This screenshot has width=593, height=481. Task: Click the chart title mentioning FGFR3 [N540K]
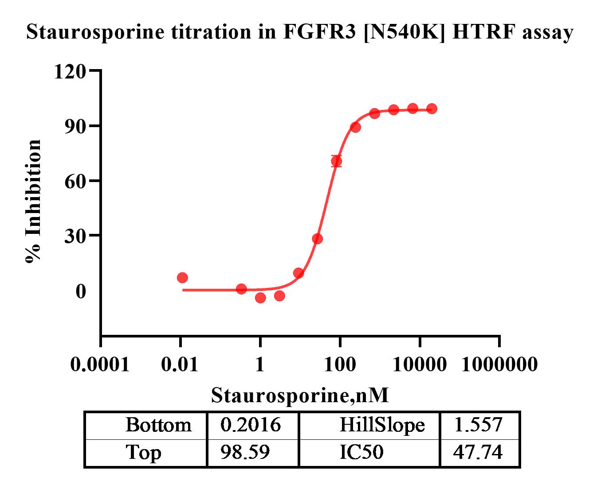pyautogui.click(x=299, y=32)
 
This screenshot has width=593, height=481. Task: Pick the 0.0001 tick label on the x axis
pyautogui.click(x=100, y=365)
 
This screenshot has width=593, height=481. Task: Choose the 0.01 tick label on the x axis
pyautogui.click(x=180, y=365)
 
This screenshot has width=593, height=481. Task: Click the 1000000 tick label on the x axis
pyautogui.click(x=499, y=365)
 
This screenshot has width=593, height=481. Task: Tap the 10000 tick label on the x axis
pyautogui.click(x=420, y=365)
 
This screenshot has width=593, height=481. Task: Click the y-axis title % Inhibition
pyautogui.click(x=33, y=202)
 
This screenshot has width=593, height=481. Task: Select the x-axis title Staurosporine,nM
pyautogui.click(x=300, y=395)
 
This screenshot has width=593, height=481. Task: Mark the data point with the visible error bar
pyautogui.click(x=337, y=161)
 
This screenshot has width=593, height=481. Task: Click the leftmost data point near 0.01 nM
pyautogui.click(x=182, y=278)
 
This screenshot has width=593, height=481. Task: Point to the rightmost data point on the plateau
pyautogui.click(x=432, y=109)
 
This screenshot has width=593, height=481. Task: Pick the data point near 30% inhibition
pyautogui.click(x=318, y=239)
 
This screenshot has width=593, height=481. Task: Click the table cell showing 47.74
pyautogui.click(x=478, y=453)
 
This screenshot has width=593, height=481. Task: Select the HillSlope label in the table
pyautogui.click(x=382, y=425)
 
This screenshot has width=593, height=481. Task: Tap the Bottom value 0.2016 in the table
pyautogui.click(x=251, y=425)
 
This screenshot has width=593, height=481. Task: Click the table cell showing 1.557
pyautogui.click(x=478, y=425)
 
